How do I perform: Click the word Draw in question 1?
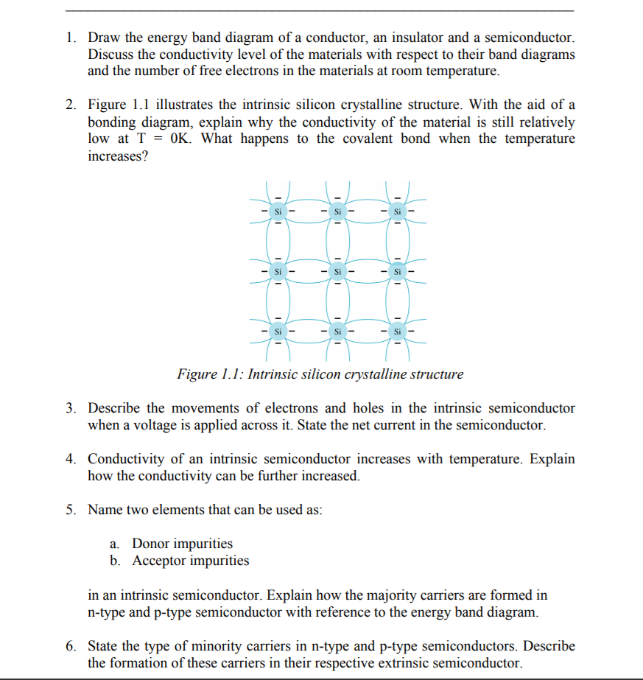(105, 37)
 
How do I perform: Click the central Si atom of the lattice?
(337, 272)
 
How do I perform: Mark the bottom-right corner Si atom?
(397, 331)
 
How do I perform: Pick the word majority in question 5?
(406, 595)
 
